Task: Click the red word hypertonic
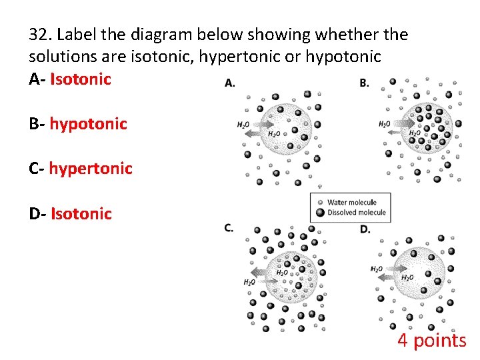click(91, 169)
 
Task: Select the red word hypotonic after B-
click(88, 124)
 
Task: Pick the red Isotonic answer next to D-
click(81, 214)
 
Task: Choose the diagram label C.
click(229, 228)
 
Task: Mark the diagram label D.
click(365, 229)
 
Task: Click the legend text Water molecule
click(351, 202)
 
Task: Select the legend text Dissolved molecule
click(356, 213)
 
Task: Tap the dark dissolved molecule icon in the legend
click(321, 213)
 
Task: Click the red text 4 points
click(432, 341)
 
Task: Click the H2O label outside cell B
click(385, 124)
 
